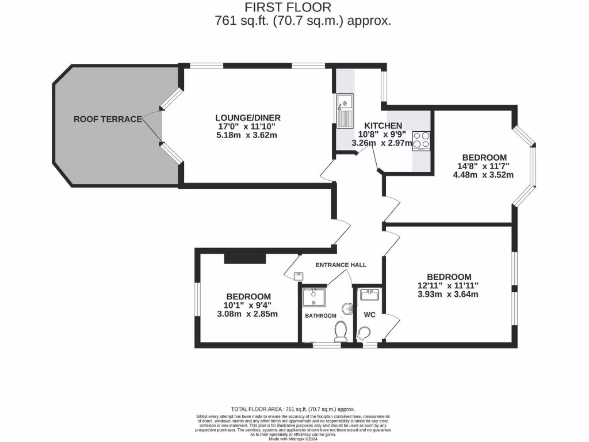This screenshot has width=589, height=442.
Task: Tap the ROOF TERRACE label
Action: click(x=108, y=119)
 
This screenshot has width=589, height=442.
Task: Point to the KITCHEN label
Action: click(x=383, y=126)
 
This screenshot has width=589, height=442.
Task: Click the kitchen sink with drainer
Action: click(x=345, y=111)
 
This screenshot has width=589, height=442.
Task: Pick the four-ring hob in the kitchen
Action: click(x=422, y=140)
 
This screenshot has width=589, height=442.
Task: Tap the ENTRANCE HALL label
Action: click(x=341, y=265)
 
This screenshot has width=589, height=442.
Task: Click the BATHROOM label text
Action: click(x=320, y=315)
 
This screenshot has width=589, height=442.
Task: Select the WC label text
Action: click(x=369, y=315)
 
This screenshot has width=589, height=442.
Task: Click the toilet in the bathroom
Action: click(x=341, y=331)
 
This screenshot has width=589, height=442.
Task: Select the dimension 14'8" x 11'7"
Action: click(x=484, y=166)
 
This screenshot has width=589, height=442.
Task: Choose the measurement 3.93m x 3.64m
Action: click(x=448, y=294)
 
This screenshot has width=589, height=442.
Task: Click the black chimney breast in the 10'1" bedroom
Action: click(x=240, y=258)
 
